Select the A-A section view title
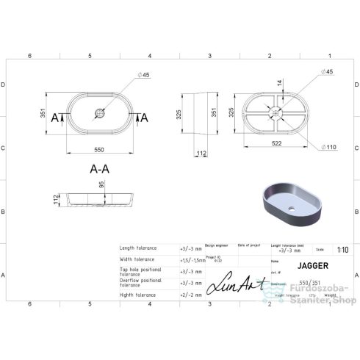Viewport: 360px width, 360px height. tap(101, 168)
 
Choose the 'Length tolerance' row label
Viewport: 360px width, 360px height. tap(137, 248)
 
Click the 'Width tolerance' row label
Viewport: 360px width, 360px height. tap(137, 259)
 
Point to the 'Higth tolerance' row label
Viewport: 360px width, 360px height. tap(137, 295)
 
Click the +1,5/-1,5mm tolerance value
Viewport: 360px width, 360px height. tap(193, 259)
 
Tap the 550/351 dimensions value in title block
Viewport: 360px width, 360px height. tap(288, 281)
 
